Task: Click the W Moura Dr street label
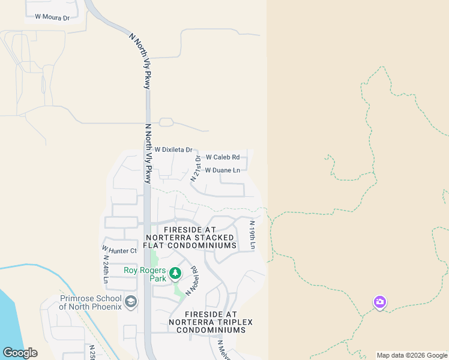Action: (x=52, y=17)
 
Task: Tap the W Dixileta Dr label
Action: (x=173, y=149)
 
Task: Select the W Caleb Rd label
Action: (x=222, y=157)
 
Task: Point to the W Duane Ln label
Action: (x=222, y=170)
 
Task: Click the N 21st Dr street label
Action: (x=196, y=169)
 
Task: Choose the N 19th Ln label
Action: (x=253, y=235)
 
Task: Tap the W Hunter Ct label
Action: (x=119, y=250)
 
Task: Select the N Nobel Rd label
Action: (x=193, y=281)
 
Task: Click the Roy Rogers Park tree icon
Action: (x=175, y=274)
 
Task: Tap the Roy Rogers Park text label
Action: (x=145, y=274)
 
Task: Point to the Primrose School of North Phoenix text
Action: (x=90, y=302)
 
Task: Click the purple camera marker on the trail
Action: (x=379, y=302)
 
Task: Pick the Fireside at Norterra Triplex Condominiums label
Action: (x=210, y=322)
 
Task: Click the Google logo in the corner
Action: (x=20, y=353)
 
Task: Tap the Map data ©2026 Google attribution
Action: (x=412, y=355)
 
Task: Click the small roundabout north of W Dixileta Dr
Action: (x=166, y=122)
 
